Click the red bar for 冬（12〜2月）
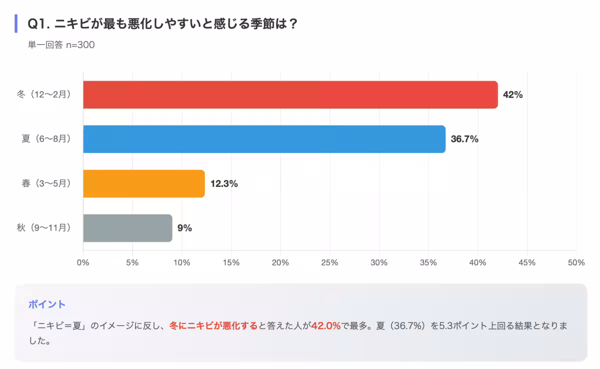290,94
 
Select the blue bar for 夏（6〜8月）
264,139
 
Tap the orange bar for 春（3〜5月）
144,183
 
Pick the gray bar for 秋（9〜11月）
127,228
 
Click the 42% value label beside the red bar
512,94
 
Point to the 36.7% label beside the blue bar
464,139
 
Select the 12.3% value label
223,183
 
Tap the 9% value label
184,228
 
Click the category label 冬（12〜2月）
43,94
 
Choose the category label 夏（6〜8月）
46,139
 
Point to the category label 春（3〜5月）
46,183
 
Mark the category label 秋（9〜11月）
43,228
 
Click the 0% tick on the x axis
83,262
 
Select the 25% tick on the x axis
330,262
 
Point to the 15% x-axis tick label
231,262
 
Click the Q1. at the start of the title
38,23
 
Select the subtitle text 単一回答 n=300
61,45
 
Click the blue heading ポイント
47,304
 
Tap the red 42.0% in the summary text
326,326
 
